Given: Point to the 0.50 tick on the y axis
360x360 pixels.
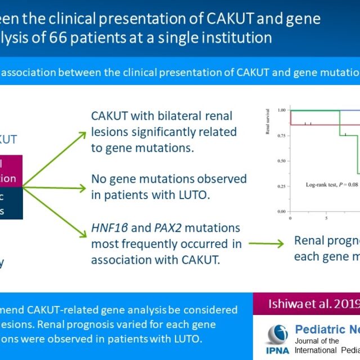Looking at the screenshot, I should (281, 161).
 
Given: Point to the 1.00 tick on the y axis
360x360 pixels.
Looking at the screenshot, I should (281, 110).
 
